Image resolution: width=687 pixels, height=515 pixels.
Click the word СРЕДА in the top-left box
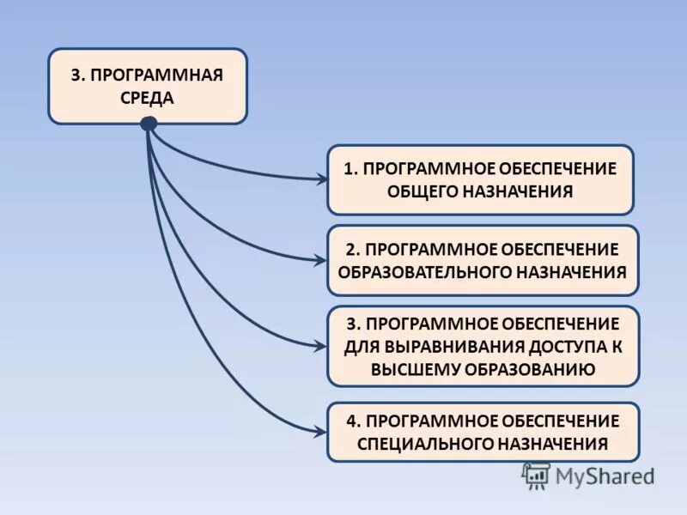[147, 97]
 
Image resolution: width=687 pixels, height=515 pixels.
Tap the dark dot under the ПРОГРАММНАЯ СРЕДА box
[149, 124]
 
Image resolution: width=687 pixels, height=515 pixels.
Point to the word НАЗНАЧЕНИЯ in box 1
[518, 191]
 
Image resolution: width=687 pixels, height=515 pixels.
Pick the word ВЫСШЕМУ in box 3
[415, 369]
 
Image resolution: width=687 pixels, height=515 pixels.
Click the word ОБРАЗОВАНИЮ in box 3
[529, 369]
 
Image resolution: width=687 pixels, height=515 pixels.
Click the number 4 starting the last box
[352, 421]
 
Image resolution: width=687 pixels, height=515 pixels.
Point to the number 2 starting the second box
[352, 249]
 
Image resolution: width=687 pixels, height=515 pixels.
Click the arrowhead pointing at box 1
[322, 179]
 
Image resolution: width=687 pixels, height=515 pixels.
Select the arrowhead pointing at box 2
[322, 260]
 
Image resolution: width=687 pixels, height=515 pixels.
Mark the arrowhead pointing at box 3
[322, 346]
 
